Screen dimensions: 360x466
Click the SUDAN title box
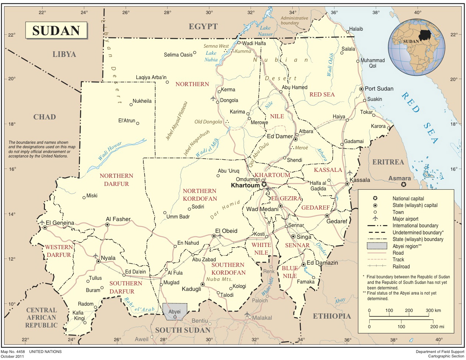coord(56,30)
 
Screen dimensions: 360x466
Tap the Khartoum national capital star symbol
coord(264,184)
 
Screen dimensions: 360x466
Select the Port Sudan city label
coord(379,89)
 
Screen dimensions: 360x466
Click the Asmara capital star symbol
coord(404,184)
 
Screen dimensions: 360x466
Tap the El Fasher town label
coord(118,219)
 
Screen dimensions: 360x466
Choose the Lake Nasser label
coord(265,31)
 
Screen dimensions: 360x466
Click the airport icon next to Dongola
coord(213,98)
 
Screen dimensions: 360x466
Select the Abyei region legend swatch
coord(377,246)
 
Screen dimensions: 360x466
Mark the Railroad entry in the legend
coord(401,266)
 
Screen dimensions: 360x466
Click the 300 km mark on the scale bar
coord(429,316)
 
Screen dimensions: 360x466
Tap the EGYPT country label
coord(203,27)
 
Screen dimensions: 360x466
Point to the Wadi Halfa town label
coord(254,43)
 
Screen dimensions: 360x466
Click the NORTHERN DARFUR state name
coord(116,180)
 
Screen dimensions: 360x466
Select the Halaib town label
coord(356,29)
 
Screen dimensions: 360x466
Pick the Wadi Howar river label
coord(110,151)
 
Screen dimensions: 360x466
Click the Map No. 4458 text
coord(13,352)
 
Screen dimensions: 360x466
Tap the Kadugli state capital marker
coord(203,284)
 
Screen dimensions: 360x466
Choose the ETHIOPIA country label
coord(331,316)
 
